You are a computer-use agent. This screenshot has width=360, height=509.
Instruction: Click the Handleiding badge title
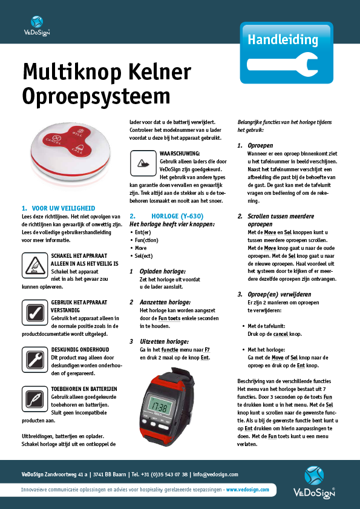[283, 41]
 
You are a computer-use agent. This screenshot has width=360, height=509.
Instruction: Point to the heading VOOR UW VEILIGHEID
[62, 208]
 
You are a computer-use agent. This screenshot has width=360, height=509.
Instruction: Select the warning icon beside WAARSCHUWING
[143, 163]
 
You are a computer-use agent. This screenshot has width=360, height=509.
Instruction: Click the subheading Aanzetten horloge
[162, 301]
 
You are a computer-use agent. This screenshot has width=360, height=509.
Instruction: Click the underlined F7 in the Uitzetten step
[207, 350]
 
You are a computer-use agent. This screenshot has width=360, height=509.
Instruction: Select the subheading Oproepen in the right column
[260, 146]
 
